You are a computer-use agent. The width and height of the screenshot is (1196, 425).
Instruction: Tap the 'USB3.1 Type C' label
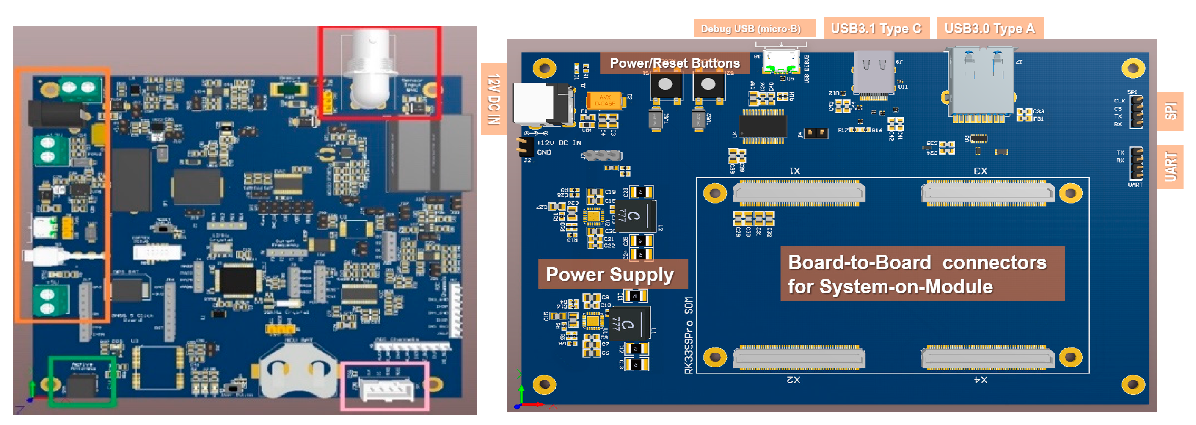pyautogui.click(x=876, y=28)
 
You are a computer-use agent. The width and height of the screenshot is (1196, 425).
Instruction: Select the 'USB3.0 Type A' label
pyautogui.click(x=989, y=28)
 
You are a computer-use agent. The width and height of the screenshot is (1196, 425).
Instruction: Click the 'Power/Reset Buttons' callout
pyautogui.click(x=674, y=63)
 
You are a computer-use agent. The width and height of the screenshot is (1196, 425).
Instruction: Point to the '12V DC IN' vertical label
pyautogui.click(x=493, y=99)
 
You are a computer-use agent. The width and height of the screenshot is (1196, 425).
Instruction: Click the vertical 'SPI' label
pyautogui.click(x=1171, y=111)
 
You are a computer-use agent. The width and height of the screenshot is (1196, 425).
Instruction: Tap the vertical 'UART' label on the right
pyautogui.click(x=1171, y=166)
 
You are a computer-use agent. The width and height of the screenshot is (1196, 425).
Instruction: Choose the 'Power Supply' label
pyautogui.click(x=609, y=274)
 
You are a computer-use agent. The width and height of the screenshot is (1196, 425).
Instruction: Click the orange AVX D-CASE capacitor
pyautogui.click(x=604, y=100)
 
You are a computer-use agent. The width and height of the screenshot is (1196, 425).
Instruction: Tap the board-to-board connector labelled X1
pyautogui.click(x=799, y=193)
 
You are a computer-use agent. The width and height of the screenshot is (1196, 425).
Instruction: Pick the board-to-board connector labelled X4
pyautogui.click(x=987, y=358)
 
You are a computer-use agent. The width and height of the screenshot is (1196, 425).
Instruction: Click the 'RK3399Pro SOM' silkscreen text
pyautogui.click(x=689, y=335)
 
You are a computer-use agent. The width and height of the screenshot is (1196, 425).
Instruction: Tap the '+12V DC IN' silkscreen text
pyautogui.click(x=559, y=143)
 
